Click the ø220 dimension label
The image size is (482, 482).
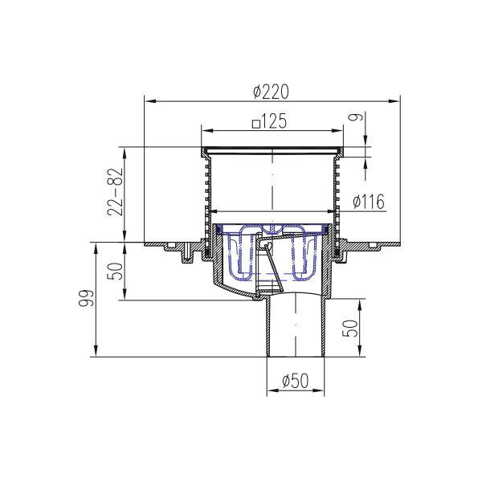272,92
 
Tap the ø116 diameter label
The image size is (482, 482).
369,202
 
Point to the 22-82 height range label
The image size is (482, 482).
115,192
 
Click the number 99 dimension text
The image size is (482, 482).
85,298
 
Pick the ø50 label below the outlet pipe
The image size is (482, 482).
295,381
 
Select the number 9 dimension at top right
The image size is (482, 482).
356,117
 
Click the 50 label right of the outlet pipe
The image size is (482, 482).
350,329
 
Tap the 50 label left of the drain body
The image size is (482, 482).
115,272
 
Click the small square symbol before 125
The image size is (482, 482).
256,125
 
